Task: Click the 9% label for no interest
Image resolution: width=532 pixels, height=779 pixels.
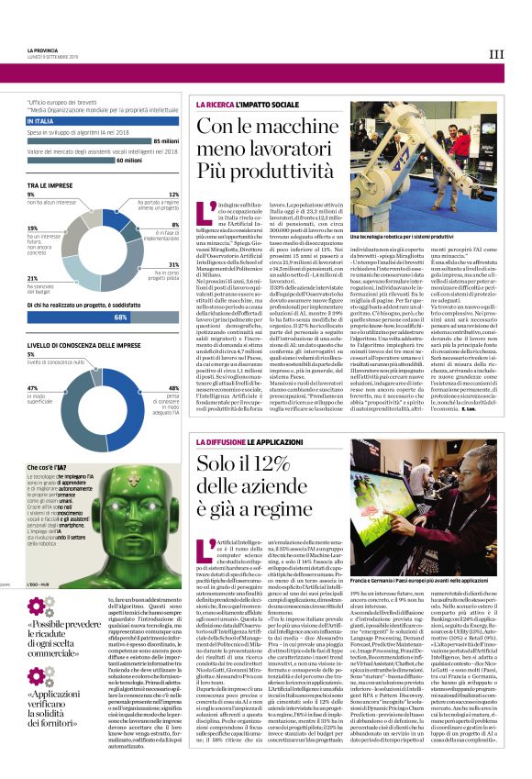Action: click(x=31, y=195)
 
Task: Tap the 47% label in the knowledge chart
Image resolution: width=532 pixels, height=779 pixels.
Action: click(x=31, y=388)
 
